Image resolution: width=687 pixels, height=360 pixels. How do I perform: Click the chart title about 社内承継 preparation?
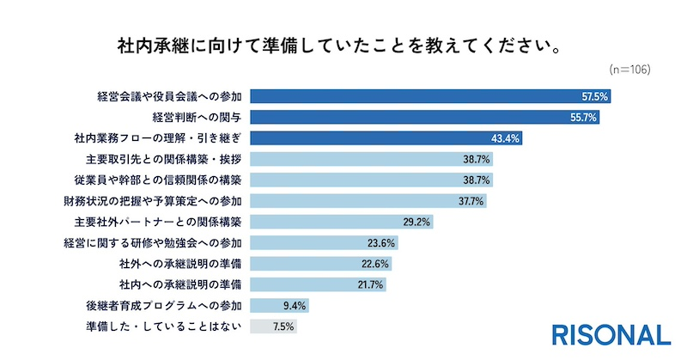343,45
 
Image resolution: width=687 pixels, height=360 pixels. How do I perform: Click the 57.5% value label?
593,97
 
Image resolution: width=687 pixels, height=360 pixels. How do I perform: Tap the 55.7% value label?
583,118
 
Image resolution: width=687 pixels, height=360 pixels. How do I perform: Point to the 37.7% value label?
471,201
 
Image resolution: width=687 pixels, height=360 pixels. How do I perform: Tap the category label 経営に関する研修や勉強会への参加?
154,243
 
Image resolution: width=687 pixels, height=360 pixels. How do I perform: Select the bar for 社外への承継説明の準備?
301,264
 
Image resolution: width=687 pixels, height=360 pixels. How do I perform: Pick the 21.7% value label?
369,284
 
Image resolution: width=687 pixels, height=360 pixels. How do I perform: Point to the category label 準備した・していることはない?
160,326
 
